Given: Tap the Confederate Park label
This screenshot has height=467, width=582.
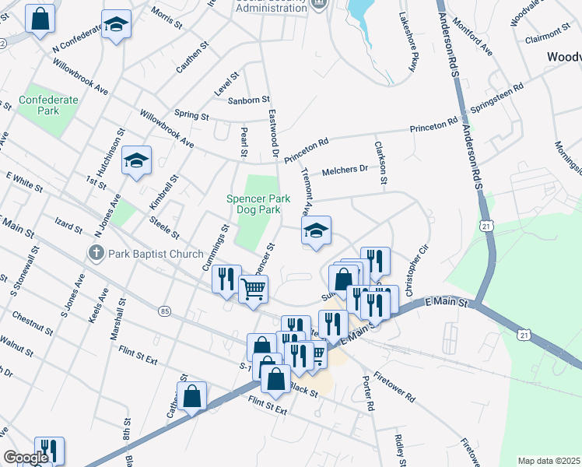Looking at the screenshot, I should pyautogui.click(x=49, y=105).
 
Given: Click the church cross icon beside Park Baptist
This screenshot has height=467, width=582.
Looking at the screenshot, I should pyautogui.click(x=96, y=252).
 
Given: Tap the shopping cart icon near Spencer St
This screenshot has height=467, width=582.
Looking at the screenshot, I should pyautogui.click(x=253, y=290).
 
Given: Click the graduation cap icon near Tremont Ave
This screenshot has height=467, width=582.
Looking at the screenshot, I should pyautogui.click(x=316, y=230).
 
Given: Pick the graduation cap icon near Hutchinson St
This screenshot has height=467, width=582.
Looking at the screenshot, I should pyautogui.click(x=137, y=160).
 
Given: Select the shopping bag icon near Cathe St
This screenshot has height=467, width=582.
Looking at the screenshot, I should pyautogui.click(x=191, y=396).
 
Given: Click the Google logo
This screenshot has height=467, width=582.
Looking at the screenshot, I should pyautogui.click(x=26, y=458).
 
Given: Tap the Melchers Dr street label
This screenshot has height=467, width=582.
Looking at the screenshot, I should pyautogui.click(x=345, y=170).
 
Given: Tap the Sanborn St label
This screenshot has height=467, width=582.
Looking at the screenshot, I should pyautogui.click(x=248, y=100).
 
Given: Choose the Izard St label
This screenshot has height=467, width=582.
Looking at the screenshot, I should pyautogui.click(x=68, y=227).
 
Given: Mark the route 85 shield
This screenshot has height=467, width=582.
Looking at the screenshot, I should pyautogui.click(x=164, y=311).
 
